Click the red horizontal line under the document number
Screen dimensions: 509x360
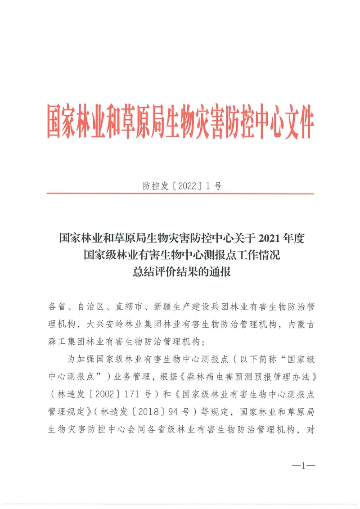click(x=180, y=194)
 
